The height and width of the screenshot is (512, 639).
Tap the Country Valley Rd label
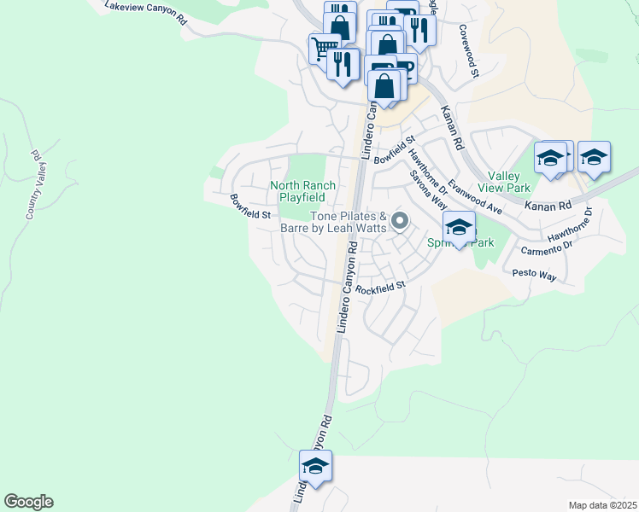pos(35,185)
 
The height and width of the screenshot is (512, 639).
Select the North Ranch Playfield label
pos(302,191)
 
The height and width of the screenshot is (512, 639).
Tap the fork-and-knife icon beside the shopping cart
pos(343,63)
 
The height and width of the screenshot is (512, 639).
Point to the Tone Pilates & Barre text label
pos(336,222)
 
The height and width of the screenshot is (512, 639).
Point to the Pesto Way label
pos(534,276)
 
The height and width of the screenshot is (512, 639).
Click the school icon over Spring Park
pos(459,227)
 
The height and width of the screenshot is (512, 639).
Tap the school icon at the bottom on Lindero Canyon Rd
pos(315,466)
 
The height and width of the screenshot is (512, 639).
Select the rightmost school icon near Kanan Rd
pos(594,157)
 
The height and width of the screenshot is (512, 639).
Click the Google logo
pos(28,502)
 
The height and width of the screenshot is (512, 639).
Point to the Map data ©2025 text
pos(601,505)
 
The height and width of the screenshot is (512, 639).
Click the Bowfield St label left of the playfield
pos(249,207)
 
